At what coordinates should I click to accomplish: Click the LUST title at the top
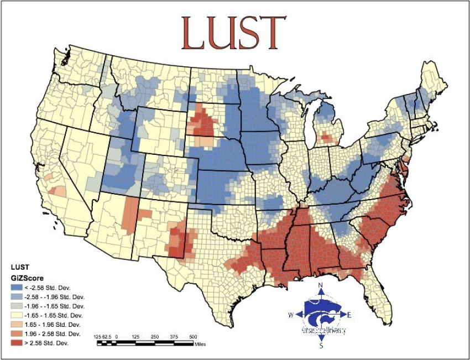tap(234, 33)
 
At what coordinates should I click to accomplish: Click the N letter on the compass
tap(321, 286)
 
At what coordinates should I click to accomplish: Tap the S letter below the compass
tap(321, 346)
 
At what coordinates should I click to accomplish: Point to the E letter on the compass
tap(349, 315)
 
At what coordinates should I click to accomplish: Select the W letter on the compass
tap(291, 315)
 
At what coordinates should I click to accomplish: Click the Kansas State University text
tap(323, 330)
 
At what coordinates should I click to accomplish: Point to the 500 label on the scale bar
tap(193, 336)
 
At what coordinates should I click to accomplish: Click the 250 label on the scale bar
tap(154, 336)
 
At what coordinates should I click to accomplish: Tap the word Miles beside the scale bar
tap(201, 343)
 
